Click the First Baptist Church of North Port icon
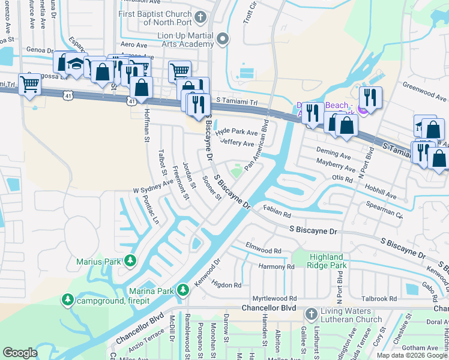[x=201, y=17]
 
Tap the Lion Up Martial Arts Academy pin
[x=223, y=40]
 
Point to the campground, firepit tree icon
[x=68, y=299]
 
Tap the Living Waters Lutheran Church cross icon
[x=311, y=314]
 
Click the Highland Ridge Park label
[x=327, y=261]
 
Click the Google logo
[x=20, y=352]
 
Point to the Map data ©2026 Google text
[x=411, y=355]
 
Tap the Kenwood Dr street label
[x=207, y=273]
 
